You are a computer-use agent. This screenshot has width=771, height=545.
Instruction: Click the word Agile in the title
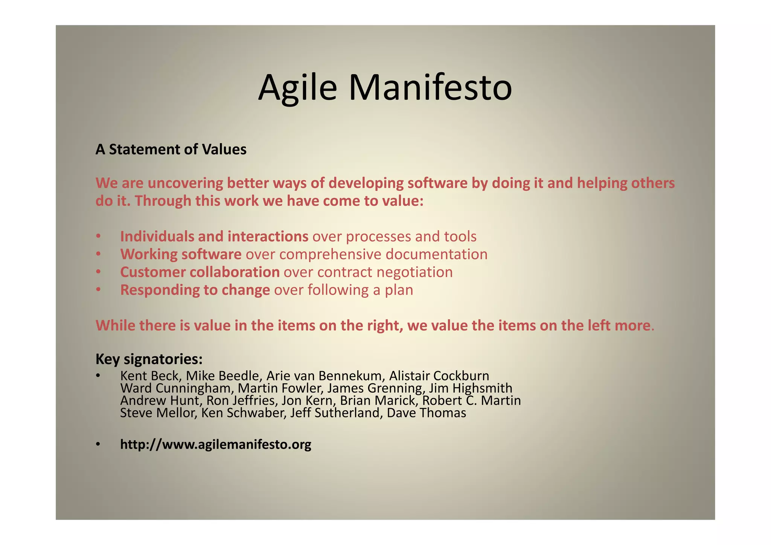pyautogui.click(x=297, y=87)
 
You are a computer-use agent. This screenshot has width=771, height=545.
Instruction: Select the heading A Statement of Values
pyautogui.click(x=171, y=150)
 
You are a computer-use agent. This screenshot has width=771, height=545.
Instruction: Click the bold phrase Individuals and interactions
pyautogui.click(x=214, y=237)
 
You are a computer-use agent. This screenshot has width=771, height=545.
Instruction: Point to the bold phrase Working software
pyautogui.click(x=181, y=254)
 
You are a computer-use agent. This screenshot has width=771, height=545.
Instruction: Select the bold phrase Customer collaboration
pyautogui.click(x=200, y=272)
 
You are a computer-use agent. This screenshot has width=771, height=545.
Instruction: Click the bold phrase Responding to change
pyautogui.click(x=195, y=290)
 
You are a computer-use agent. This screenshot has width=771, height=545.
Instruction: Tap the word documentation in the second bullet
pyautogui.click(x=436, y=254)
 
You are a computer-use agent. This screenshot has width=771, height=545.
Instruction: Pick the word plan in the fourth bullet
pyautogui.click(x=399, y=290)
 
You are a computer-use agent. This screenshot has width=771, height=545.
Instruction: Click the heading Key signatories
pyautogui.click(x=149, y=359)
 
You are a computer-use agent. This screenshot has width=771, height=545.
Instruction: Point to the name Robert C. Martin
pyautogui.click(x=471, y=400)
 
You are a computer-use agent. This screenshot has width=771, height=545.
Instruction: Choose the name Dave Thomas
pyautogui.click(x=426, y=413)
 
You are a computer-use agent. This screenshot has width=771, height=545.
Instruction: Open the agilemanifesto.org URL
pyautogui.click(x=216, y=444)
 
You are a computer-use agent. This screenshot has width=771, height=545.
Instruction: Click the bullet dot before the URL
pyautogui.click(x=98, y=445)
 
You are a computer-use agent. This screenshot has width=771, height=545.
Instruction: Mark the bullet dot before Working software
pyautogui.click(x=98, y=255)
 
